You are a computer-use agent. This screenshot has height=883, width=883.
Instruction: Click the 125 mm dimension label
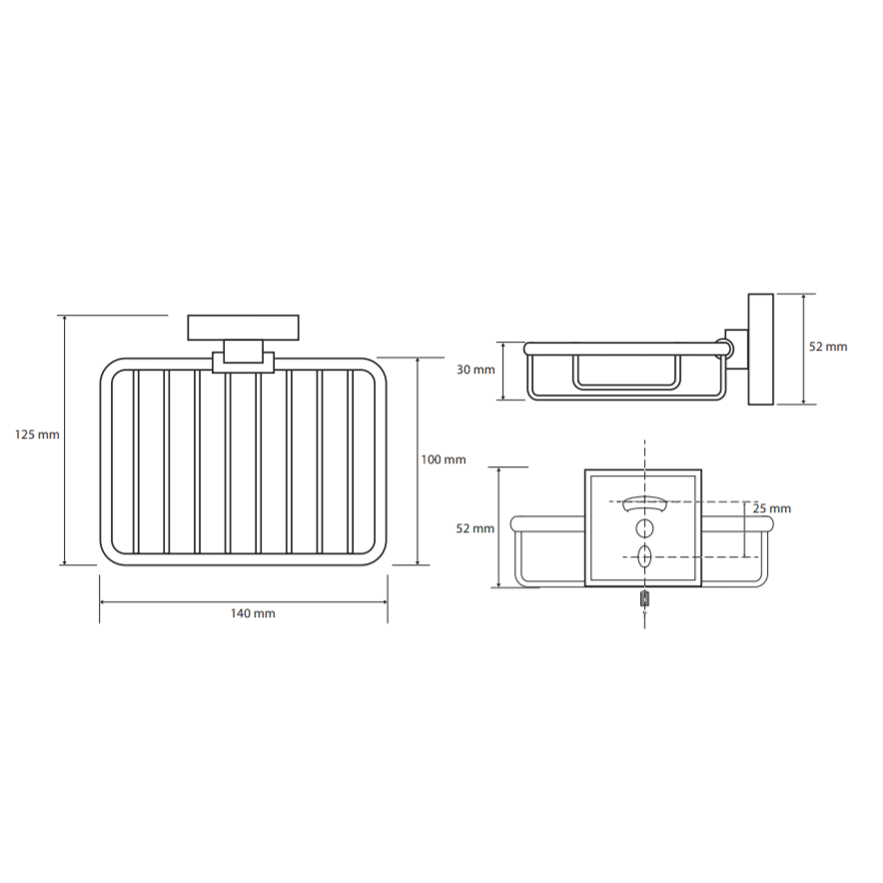pyautogui.click(x=37, y=435)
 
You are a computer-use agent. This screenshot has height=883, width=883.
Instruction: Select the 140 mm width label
pyautogui.click(x=253, y=613)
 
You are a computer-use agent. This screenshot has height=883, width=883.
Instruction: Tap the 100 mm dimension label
pyautogui.click(x=443, y=459)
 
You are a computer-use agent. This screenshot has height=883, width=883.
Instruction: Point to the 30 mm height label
pyautogui.click(x=475, y=370)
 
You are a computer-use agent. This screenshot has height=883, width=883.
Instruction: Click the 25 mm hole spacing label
pyautogui.click(x=772, y=508)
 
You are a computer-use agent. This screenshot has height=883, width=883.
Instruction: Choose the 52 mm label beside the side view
pyautogui.click(x=828, y=347)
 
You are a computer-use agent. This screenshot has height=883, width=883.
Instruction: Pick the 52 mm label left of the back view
pyautogui.click(x=475, y=528)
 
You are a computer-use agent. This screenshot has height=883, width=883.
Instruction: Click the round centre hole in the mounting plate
pyautogui.click(x=645, y=528)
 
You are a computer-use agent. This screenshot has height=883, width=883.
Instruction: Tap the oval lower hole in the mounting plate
pyautogui.click(x=644, y=557)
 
